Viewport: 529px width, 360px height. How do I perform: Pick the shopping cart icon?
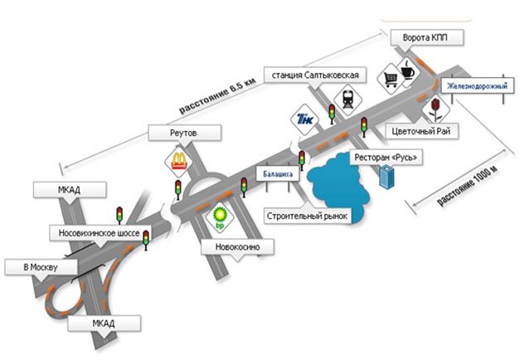pos(390,79)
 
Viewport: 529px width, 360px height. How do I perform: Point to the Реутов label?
pos(183,133)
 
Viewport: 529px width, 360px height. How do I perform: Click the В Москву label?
pos(39,267)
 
